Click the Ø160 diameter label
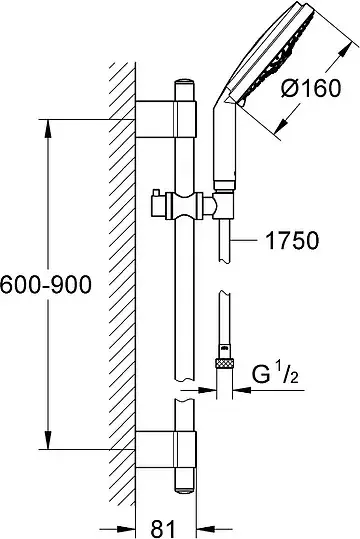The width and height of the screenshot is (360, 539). click(x=311, y=88)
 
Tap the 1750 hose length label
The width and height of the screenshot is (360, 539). click(x=293, y=240)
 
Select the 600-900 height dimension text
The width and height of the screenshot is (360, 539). click(x=46, y=285)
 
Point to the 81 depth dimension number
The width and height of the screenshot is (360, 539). click(x=163, y=529)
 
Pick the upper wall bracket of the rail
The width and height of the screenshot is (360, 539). click(x=166, y=119)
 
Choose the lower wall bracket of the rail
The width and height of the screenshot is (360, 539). click(x=166, y=449)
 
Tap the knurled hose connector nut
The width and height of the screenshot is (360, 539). click(x=224, y=363)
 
